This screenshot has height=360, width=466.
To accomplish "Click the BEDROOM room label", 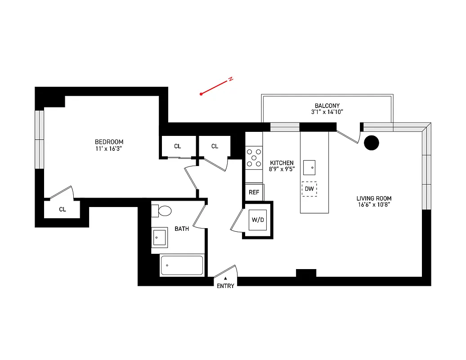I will pyautogui.click(x=108, y=142).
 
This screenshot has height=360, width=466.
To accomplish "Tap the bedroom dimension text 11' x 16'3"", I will pyautogui.click(x=108, y=148).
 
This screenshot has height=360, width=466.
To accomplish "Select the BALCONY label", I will pyautogui.click(x=327, y=106).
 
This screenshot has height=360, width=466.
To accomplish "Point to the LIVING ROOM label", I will pyautogui.click(x=374, y=198).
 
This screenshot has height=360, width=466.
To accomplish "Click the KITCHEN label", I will pyautogui.click(x=282, y=163).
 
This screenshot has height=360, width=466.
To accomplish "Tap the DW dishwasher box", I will pyautogui.click(x=309, y=189).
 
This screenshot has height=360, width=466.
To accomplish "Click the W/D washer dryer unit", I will pyautogui.click(x=258, y=220).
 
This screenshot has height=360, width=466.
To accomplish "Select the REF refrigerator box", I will pyautogui.click(x=254, y=192).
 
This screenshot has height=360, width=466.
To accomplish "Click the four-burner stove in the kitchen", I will pyautogui.click(x=254, y=158).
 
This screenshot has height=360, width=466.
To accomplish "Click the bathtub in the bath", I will pyautogui.click(x=182, y=265).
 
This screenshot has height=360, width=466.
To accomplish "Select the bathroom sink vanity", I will pyautogui.click(x=160, y=237).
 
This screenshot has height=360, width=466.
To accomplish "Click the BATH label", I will pyautogui.click(x=182, y=229).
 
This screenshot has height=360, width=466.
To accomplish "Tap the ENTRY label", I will pyautogui.click(x=225, y=286).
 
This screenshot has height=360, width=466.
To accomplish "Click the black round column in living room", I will pyautogui.click(x=371, y=143).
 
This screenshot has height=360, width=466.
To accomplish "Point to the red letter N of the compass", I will pyautogui.click(x=231, y=80).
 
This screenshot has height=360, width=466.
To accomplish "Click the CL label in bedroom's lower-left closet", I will pyautogui.click(x=63, y=209).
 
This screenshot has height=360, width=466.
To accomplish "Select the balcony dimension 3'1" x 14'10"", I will pyautogui.click(x=327, y=112).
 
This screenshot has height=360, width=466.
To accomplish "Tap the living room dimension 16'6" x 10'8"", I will pyautogui.click(x=374, y=205).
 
